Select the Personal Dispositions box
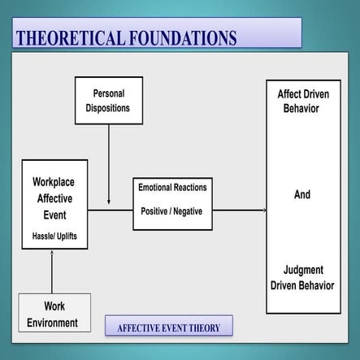coord(109,100)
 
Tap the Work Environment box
coord(54,314)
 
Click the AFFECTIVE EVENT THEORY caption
coord(168,328)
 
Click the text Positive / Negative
coord(172,211)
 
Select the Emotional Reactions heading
coord(172,188)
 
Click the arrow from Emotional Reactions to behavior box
coord(239,210)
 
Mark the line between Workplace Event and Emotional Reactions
coord(110,210)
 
